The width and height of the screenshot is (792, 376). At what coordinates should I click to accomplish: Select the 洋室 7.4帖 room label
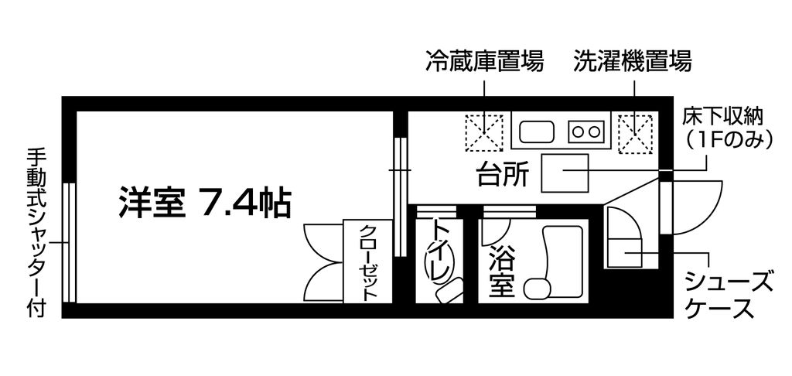(204, 203)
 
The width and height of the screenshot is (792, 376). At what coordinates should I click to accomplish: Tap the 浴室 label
(501, 272)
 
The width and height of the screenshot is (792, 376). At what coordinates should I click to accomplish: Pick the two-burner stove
(585, 132)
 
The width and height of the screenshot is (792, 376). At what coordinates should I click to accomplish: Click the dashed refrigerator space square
(484, 133)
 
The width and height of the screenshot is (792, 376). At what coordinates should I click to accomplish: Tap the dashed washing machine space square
(635, 133)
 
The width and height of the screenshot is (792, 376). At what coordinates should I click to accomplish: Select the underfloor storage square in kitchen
(564, 174)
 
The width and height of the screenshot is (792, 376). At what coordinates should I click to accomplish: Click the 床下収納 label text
(724, 117)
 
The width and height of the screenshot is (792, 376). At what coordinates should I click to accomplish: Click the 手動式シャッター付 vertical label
(34, 232)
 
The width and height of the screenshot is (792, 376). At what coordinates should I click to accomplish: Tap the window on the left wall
(69, 242)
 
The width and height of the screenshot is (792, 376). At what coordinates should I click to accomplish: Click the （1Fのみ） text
(724, 141)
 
